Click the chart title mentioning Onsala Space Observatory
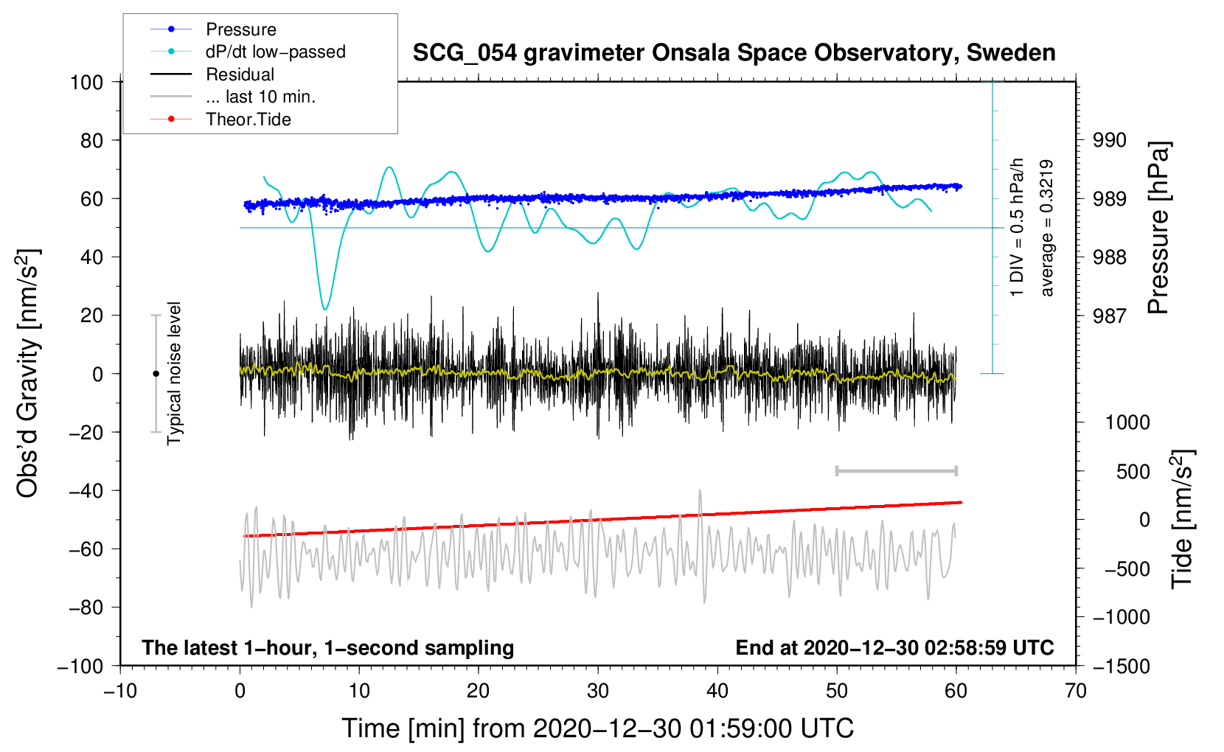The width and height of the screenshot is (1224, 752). pyautogui.click(x=734, y=53)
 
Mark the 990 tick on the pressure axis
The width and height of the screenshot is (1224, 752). pyautogui.click(x=1109, y=141)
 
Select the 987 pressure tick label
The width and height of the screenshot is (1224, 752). pyautogui.click(x=1109, y=316)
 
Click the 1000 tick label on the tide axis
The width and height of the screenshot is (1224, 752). pyautogui.click(x=1127, y=422)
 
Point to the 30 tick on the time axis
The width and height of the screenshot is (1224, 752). pyautogui.click(x=598, y=692)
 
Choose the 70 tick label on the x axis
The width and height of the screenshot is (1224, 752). pyautogui.click(x=1075, y=692)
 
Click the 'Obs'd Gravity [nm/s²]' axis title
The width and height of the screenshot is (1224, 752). pyautogui.click(x=27, y=373)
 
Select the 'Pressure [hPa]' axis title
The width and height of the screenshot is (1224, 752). pyautogui.click(x=1158, y=228)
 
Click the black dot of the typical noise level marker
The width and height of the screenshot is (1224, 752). pyautogui.click(x=156, y=374)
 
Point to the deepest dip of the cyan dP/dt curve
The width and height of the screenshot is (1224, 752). pyautogui.click(x=325, y=310)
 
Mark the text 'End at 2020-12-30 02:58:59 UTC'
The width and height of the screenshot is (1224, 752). pyautogui.click(x=894, y=647)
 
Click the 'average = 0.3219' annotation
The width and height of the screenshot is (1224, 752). pyautogui.click(x=1046, y=228)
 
